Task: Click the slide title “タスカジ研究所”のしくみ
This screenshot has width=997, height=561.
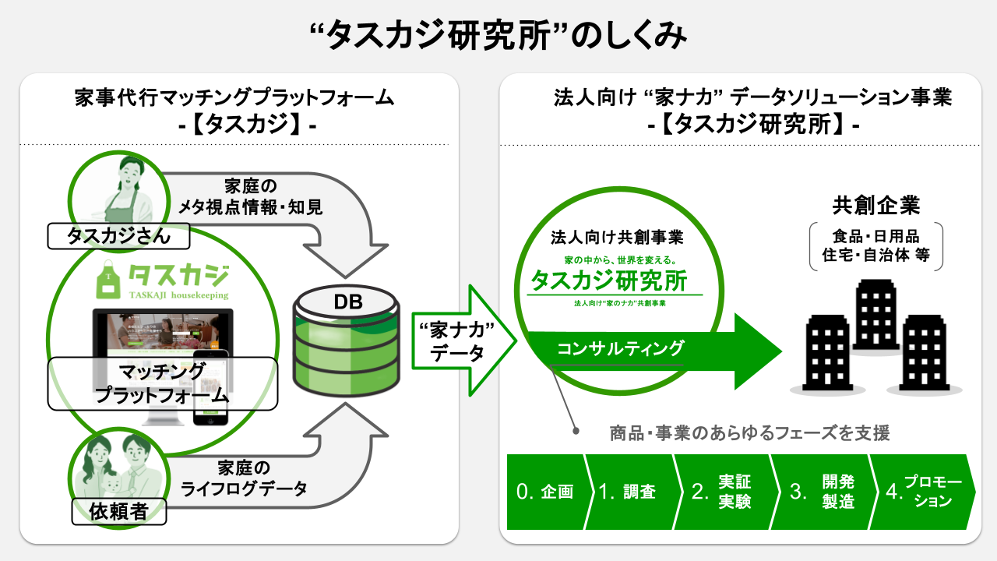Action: pyautogui.click(x=498, y=35)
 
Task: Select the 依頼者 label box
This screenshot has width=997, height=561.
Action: pyautogui.click(x=121, y=511)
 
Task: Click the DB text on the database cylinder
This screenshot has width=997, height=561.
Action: pyautogui.click(x=348, y=302)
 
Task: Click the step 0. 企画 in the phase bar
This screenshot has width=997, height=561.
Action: pyautogui.click(x=545, y=492)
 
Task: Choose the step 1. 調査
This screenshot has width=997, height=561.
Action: pyautogui.click(x=629, y=492)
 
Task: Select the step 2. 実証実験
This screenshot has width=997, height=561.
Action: pyautogui.click(x=723, y=492)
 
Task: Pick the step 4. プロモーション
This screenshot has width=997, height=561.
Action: pyautogui.click(x=924, y=492)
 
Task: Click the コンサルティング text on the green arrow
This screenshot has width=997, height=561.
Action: pyautogui.click(x=621, y=348)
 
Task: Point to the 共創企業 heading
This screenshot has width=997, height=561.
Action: pyautogui.click(x=876, y=205)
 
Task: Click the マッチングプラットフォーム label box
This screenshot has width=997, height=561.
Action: pyautogui.click(x=162, y=383)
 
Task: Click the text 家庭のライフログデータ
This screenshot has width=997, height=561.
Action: pyautogui.click(x=243, y=478)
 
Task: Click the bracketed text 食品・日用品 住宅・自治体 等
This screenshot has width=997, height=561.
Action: pyautogui.click(x=876, y=245)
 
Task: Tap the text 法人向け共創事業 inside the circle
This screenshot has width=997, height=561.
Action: pyautogui.click(x=616, y=236)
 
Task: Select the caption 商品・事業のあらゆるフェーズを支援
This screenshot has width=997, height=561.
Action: pyautogui.click(x=749, y=432)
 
